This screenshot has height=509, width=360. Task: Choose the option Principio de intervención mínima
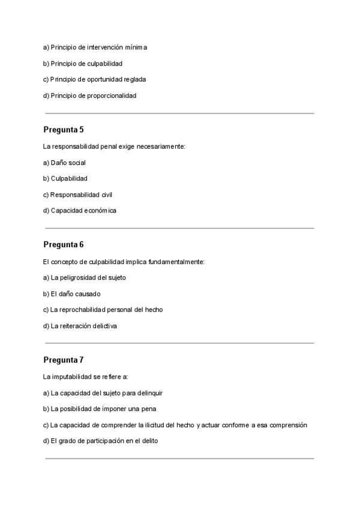coord(95,47)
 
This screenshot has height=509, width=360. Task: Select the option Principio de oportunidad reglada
coord(95,79)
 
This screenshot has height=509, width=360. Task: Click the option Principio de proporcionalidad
coord(90,95)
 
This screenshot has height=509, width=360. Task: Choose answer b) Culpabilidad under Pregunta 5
coord(65,178)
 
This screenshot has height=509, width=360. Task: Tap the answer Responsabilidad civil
coord(77,194)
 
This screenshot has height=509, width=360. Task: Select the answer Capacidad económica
coord(80,211)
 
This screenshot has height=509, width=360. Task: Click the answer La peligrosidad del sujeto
coord(85,278)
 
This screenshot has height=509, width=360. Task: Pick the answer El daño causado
coord(72,294)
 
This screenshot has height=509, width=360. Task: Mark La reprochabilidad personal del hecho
coord(103,310)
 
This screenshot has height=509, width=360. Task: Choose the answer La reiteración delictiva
coord(80,326)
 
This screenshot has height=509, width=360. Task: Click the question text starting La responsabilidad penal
coord(114,146)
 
